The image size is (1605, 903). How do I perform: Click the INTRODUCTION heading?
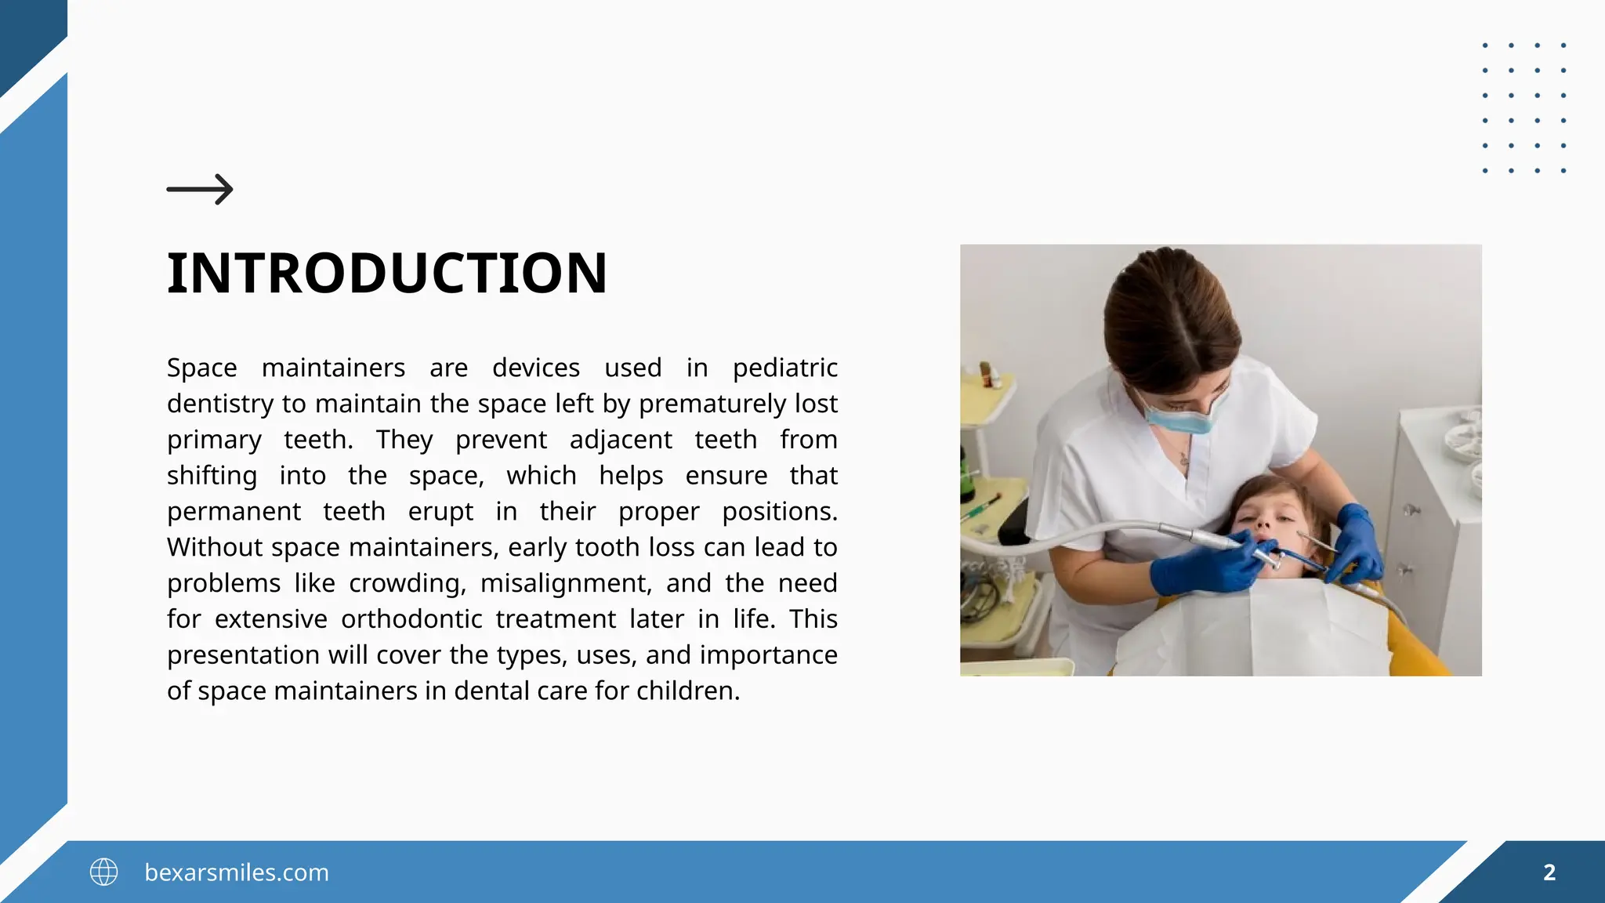[387, 274]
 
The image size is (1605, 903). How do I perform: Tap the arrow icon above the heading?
[200, 189]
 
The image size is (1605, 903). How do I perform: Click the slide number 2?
[1549, 872]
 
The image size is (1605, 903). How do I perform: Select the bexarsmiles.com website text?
[237, 872]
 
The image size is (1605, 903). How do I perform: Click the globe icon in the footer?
[103, 872]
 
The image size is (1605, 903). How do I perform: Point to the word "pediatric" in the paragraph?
[784, 368]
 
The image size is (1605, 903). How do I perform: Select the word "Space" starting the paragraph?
[201, 368]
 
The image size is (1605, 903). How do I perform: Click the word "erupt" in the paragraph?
[440, 512]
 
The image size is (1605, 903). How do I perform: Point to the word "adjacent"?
[621, 440]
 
